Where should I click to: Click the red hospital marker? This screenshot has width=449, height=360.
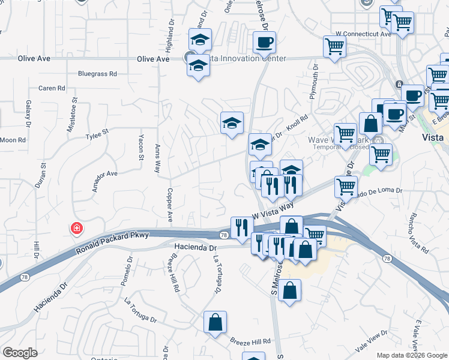tap(76, 228)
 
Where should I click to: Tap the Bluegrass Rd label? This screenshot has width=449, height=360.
tap(97, 74)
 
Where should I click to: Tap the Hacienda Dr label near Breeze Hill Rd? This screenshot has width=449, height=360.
tap(195, 247)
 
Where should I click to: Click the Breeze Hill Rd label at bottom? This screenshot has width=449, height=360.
tap(250, 341)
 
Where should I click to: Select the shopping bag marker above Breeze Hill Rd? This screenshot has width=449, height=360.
tap(215, 322)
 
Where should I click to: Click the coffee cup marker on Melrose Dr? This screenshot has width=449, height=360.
tap(264, 43)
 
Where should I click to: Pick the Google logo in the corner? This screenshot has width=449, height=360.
tap(20, 353)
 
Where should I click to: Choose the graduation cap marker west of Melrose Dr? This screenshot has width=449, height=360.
tap(232, 123)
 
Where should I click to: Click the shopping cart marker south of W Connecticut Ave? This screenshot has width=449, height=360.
tap(334, 46)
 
